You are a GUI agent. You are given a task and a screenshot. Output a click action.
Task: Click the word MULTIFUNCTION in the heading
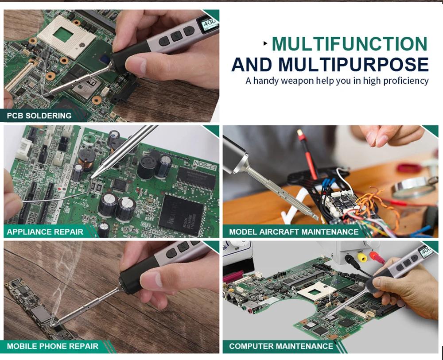350,44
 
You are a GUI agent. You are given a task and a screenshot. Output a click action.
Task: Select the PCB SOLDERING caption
39,116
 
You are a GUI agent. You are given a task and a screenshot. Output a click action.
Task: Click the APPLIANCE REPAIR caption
45,232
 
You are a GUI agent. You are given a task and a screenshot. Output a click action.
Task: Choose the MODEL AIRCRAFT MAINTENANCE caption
294,232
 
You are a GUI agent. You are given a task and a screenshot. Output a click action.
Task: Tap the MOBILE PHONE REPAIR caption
53,346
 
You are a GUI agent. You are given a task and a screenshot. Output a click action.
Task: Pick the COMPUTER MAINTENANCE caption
281,346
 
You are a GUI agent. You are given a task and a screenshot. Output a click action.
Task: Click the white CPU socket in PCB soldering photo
66,37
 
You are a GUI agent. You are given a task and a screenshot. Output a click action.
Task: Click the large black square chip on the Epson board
181,215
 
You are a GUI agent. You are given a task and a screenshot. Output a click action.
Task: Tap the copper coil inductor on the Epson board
86,159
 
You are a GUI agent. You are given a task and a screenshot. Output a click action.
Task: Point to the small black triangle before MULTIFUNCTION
265,43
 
